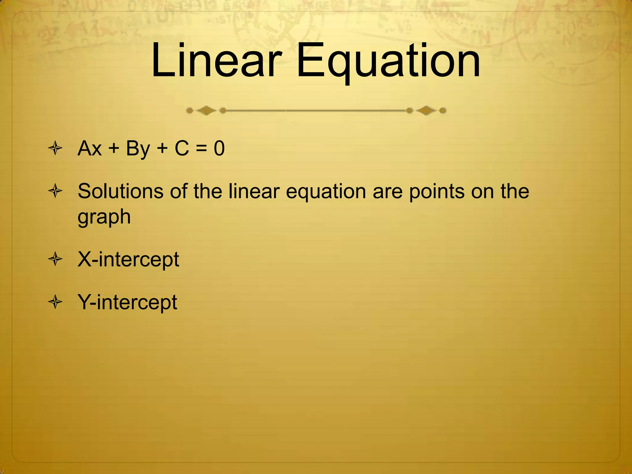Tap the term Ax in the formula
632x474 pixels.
[x=89, y=148]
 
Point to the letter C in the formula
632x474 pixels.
[x=182, y=148]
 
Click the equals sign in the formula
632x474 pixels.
[x=201, y=149]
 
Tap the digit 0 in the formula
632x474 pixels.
[x=219, y=148]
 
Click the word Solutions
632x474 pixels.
[x=120, y=191]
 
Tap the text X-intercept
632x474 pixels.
[x=128, y=260]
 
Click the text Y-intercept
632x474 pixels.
[x=127, y=302]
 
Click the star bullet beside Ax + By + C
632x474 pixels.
[x=56, y=149]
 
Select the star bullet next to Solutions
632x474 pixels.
[x=56, y=191]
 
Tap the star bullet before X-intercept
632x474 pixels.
[x=56, y=259]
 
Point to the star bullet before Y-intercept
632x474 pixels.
[x=56, y=302]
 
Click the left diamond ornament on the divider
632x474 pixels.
[x=206, y=110]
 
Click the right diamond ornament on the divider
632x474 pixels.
[x=426, y=110]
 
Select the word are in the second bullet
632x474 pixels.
[x=388, y=192]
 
